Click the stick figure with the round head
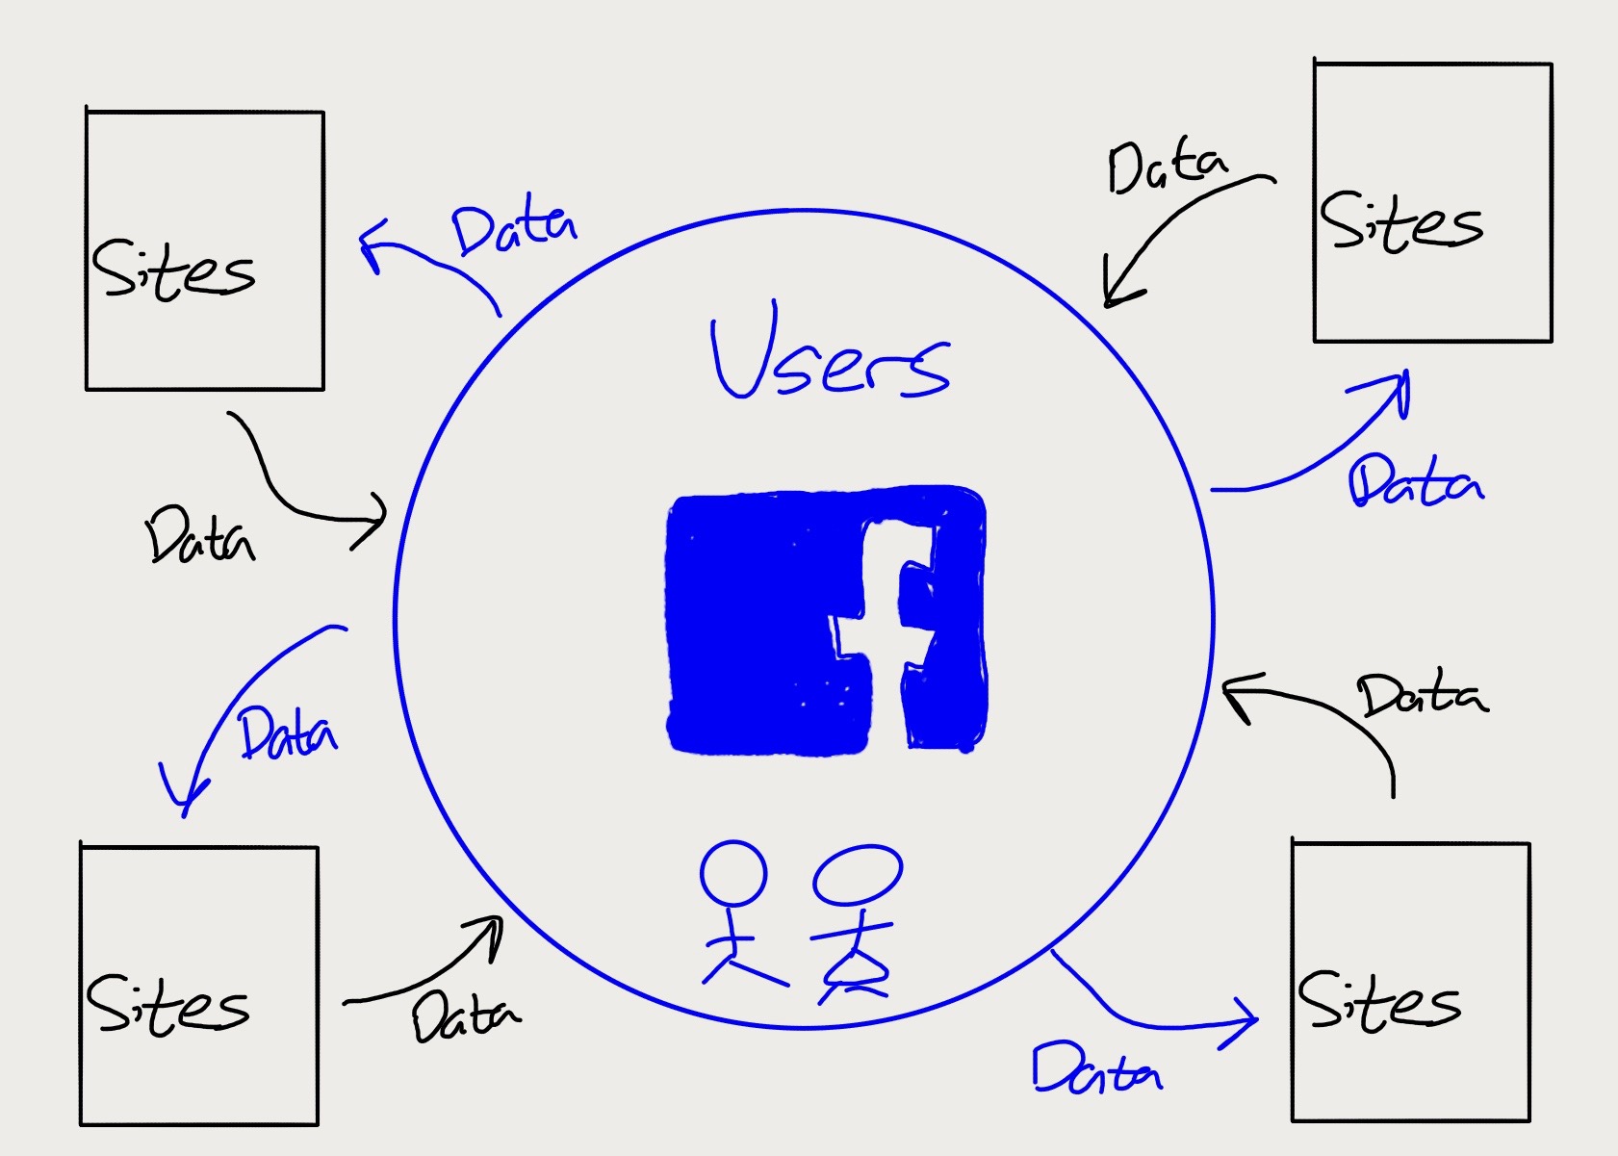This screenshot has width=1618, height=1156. tap(736, 914)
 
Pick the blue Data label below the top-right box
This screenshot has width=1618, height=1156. tap(1415, 481)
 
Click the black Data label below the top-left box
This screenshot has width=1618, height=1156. tap(200, 535)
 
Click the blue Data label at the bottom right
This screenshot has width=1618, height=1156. tap(1096, 1068)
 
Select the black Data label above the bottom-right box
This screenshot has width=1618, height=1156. tap(1422, 695)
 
